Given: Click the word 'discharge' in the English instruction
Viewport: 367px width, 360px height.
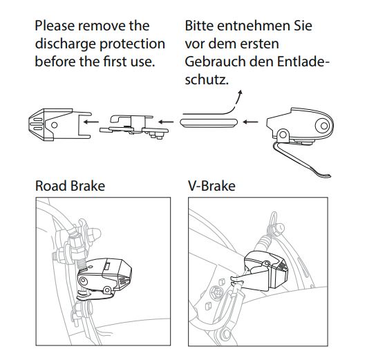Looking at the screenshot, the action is coord(66,44).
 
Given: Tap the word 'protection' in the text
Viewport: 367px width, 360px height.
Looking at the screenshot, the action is coord(133,44).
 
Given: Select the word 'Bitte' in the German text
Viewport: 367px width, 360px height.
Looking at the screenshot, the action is coord(199,26).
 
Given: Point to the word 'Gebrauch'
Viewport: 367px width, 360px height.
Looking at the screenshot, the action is coord(215,61).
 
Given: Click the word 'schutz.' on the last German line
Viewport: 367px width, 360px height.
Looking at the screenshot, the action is coord(207,80).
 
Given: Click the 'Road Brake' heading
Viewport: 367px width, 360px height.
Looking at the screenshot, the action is coord(70,186).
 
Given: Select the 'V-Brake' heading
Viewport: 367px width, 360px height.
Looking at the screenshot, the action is coord(211,186).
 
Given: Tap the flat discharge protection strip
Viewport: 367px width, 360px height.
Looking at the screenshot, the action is coord(209,123).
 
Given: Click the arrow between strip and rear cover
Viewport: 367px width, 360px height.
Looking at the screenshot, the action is coord(251,122).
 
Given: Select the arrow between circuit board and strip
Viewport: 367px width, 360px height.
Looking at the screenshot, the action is coord(166,122).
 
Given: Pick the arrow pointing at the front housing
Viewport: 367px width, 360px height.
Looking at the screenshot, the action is coord(91,122).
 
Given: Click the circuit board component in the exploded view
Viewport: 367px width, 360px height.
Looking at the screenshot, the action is coord(134,127).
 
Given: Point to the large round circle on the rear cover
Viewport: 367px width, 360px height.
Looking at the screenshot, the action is coord(324,126).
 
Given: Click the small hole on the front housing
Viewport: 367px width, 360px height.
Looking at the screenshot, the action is coord(55,125).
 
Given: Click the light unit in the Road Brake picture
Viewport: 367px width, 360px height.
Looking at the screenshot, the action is coord(104,278).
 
